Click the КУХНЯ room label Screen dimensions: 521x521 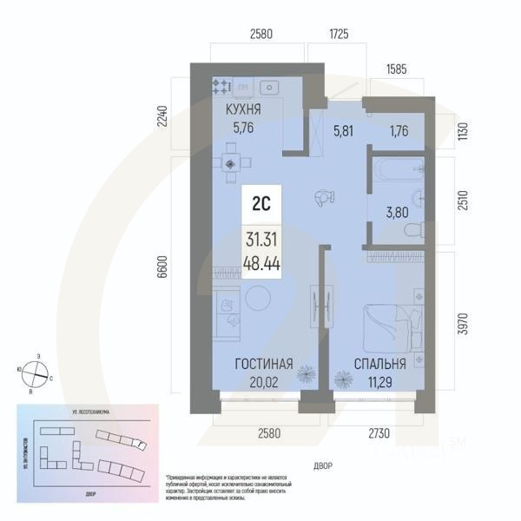(243, 110)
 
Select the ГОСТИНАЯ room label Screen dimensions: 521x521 (262, 364)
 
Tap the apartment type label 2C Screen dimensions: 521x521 (260, 207)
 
